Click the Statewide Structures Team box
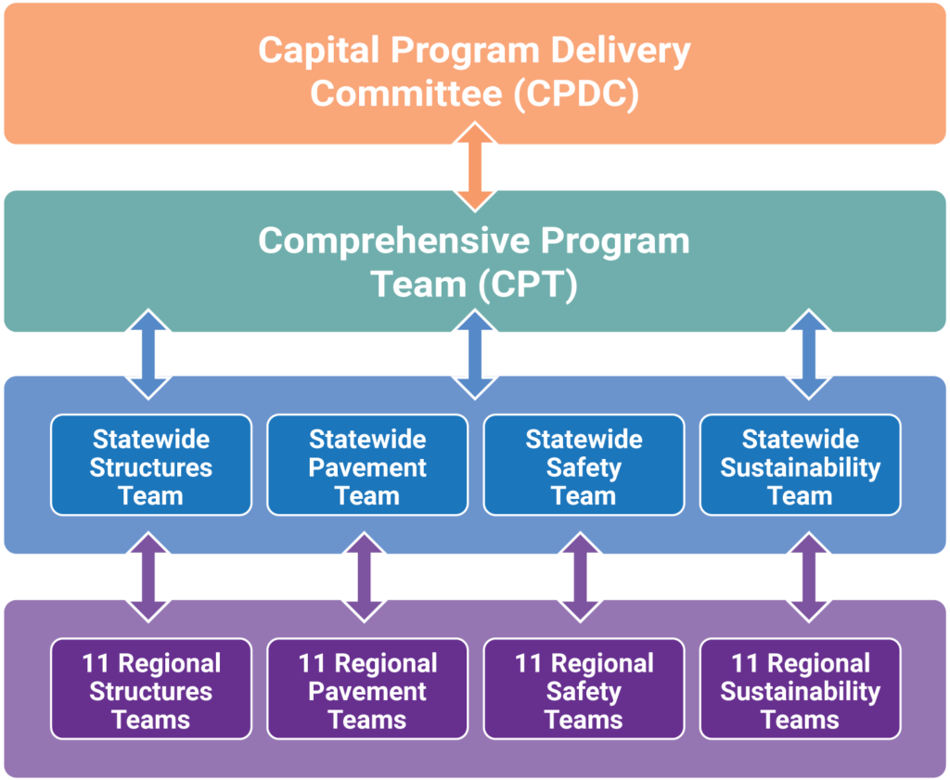tap(150, 465)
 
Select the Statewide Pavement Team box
tap(367, 465)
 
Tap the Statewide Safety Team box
tap(584, 465)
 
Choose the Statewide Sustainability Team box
tap(800, 465)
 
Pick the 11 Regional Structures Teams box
tap(150, 689)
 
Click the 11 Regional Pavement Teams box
tap(367, 689)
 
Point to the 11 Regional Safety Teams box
tap(584, 689)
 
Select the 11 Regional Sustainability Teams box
tap(800, 689)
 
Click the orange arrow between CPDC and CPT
tap(475, 167)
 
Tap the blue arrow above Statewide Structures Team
tap(150, 354)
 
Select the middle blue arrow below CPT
tap(475, 354)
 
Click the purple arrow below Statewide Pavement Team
tap(367, 577)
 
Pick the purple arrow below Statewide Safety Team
tap(584, 577)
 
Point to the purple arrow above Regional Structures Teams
tap(150, 577)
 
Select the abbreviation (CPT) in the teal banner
tap(528, 285)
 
